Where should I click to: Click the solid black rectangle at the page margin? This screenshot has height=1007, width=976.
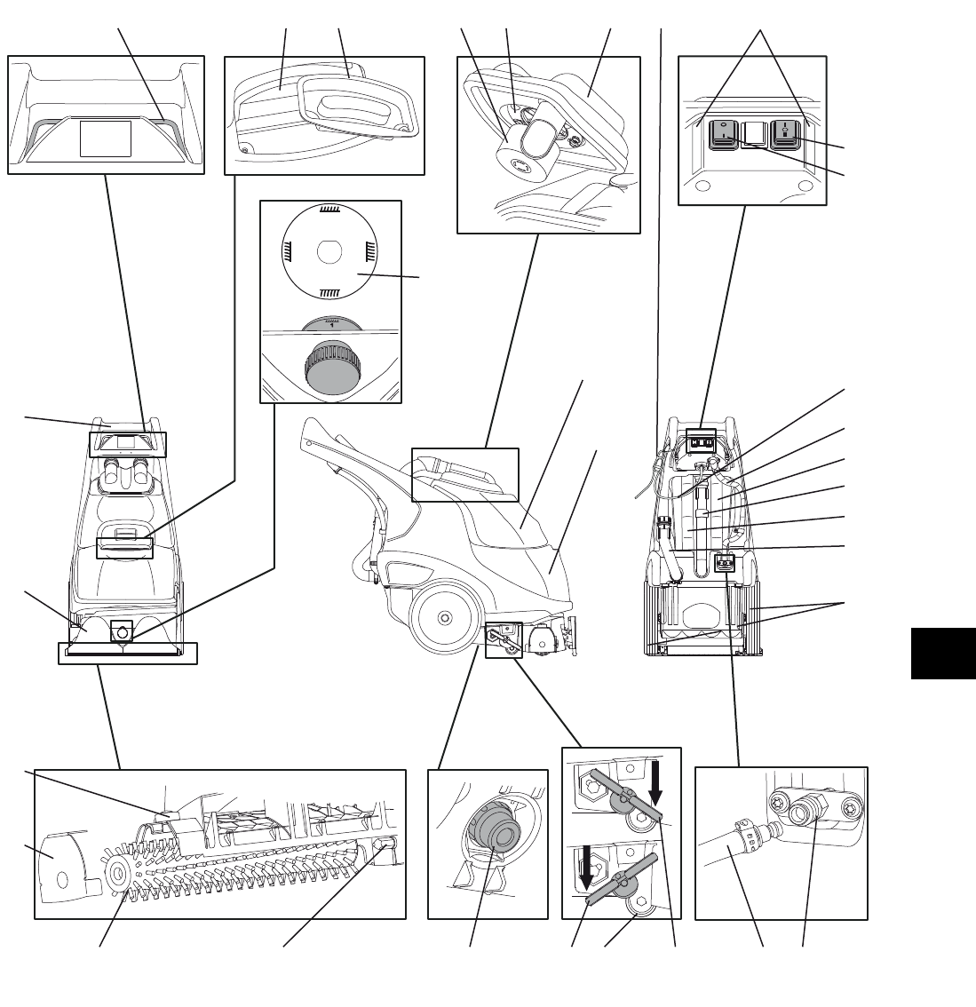943,654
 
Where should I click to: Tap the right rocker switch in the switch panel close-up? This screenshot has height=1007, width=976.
785,132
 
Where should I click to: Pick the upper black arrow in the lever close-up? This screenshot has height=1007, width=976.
655,779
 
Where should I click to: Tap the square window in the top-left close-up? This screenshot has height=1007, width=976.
107,139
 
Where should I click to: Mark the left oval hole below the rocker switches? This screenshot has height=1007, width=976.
705,186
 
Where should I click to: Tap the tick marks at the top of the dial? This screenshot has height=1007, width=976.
330,210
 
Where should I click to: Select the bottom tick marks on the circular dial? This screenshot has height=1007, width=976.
329,291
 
